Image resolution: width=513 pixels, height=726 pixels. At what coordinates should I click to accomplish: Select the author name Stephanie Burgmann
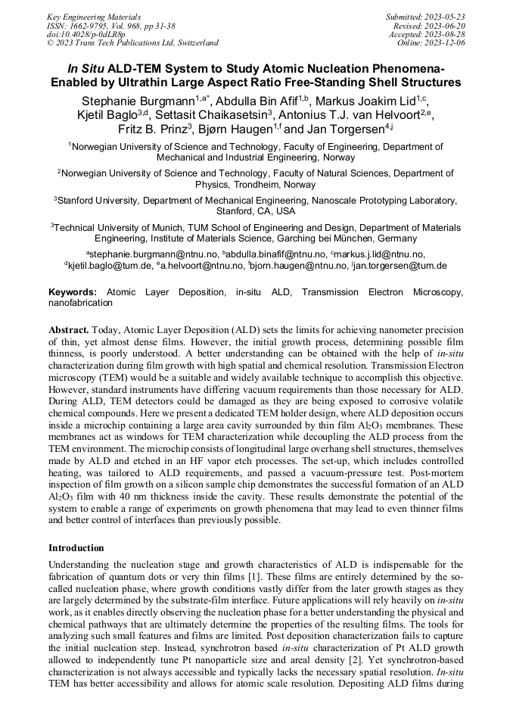(138, 101)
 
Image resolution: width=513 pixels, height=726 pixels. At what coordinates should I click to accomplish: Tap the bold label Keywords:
(73, 291)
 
